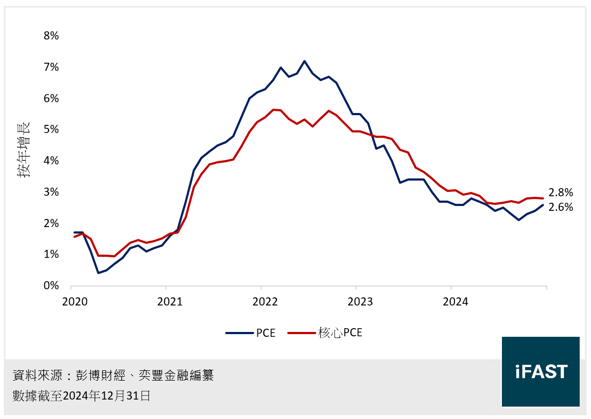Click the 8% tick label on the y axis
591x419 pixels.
pyautogui.click(x=51, y=36)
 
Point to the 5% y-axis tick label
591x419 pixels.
pyautogui.click(x=51, y=130)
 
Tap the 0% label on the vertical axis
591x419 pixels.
pyautogui.click(x=51, y=285)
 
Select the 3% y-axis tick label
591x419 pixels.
pyautogui.click(x=51, y=192)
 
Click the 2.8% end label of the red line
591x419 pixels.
pyautogui.click(x=560, y=192)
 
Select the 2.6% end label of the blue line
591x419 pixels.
pyautogui.click(x=560, y=207)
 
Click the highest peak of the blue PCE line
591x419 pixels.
pyautogui.click(x=304, y=61)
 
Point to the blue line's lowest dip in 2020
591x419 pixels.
pyautogui.click(x=98, y=272)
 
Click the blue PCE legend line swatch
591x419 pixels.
pyautogui.click(x=239, y=333)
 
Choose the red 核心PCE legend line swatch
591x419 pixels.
pyautogui.click(x=301, y=333)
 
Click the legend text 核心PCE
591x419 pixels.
pyautogui.click(x=340, y=333)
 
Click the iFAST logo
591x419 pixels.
pyautogui.click(x=540, y=371)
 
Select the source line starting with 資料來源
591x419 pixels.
pyautogui.click(x=113, y=375)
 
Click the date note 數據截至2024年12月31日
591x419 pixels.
pyautogui.click(x=81, y=396)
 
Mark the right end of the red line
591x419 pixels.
pyautogui.click(x=543, y=198)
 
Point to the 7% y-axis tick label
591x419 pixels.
pyautogui.click(x=51, y=67)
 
